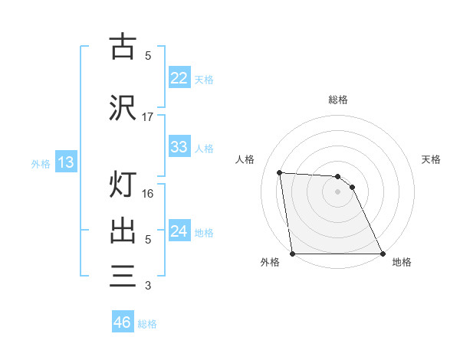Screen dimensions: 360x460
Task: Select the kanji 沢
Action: tap(123, 107)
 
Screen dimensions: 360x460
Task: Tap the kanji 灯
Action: tap(123, 185)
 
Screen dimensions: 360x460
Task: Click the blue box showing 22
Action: tap(179, 77)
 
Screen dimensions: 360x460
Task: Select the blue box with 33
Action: tap(179, 147)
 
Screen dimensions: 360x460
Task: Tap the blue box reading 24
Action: tap(179, 231)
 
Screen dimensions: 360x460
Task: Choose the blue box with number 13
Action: tap(66, 162)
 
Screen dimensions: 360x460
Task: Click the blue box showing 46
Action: tap(123, 322)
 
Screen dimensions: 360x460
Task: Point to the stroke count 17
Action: tap(148, 116)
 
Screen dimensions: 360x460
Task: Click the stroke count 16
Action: tap(148, 193)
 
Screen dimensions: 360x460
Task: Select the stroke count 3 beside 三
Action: tap(148, 286)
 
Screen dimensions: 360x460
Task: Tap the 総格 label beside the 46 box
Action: tap(147, 324)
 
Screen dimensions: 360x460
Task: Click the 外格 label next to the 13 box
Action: tap(41, 163)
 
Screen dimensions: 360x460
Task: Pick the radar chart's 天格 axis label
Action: tap(431, 159)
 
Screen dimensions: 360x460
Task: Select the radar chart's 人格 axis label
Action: tap(245, 159)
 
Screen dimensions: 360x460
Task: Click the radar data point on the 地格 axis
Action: tap(382, 253)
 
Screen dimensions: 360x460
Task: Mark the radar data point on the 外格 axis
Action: tap(293, 253)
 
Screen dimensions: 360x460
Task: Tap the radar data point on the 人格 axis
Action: tap(280, 172)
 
